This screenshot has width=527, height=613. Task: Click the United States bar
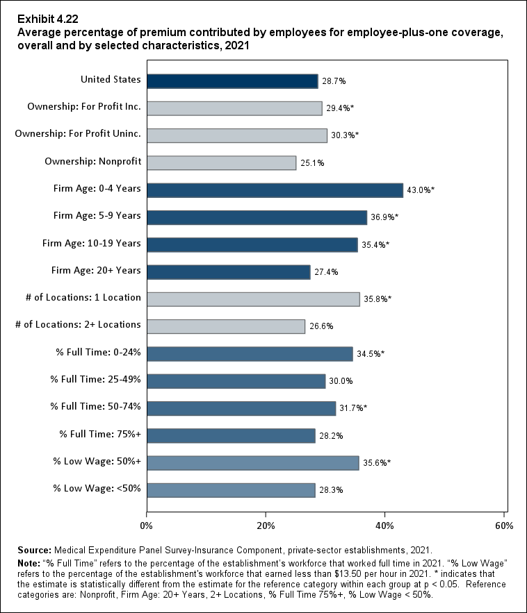point(232,81)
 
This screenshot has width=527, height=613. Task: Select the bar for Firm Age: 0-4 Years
point(275,190)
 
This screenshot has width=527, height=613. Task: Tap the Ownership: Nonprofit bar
point(221,163)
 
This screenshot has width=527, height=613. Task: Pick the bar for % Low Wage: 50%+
point(252,463)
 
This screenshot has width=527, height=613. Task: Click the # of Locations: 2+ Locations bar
point(225,326)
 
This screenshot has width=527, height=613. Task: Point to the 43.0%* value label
point(421,191)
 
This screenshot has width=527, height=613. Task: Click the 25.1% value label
point(312,164)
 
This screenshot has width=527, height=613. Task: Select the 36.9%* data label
point(384,218)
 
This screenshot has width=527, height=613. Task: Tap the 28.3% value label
point(331,491)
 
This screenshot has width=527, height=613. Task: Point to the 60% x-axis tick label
point(504,524)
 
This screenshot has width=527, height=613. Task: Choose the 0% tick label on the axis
point(147,524)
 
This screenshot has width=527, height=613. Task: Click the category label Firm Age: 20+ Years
point(97,271)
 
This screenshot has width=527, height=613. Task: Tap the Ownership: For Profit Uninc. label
point(78,134)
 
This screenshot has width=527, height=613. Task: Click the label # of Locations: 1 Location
point(83,298)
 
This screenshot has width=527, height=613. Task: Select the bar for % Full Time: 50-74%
point(241,408)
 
